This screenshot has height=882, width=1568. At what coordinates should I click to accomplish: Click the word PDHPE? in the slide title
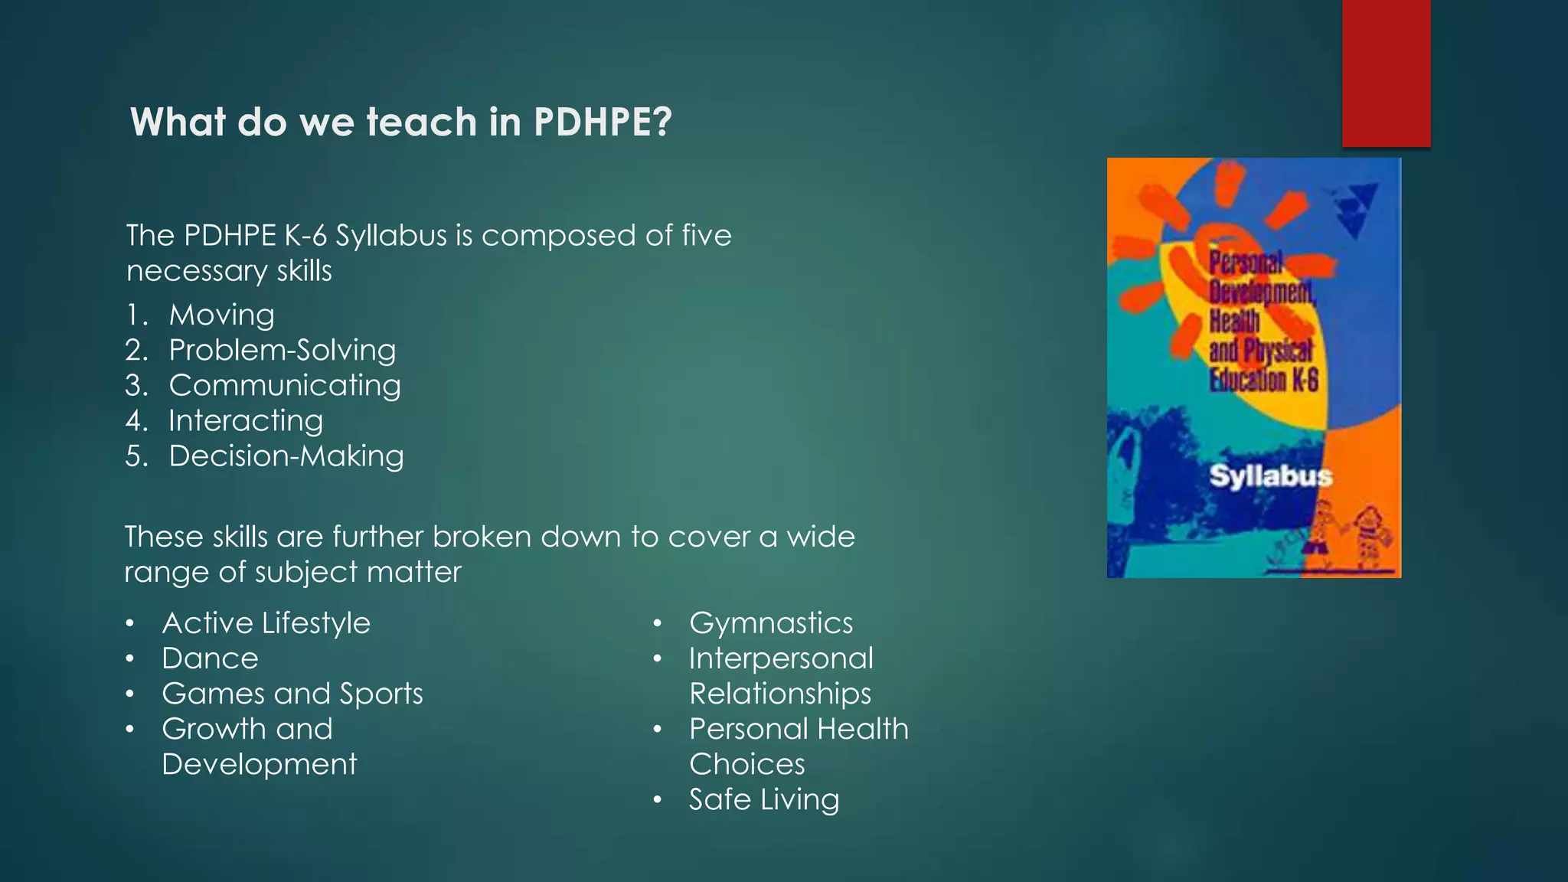(x=603, y=122)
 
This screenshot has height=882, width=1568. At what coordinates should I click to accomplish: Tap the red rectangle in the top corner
(x=1386, y=73)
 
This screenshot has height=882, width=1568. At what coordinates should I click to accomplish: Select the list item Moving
(x=221, y=315)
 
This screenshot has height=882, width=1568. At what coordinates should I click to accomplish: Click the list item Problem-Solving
(x=283, y=350)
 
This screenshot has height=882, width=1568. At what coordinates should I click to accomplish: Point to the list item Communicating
(x=285, y=385)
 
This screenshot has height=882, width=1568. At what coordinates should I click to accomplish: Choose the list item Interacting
(x=246, y=420)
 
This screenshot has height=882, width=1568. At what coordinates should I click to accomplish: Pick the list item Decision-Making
(x=286, y=456)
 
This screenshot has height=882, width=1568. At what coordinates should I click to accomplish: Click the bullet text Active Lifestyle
(x=266, y=623)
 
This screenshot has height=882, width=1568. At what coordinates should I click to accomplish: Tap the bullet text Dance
(x=210, y=658)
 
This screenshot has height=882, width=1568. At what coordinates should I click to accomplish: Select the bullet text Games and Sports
(x=292, y=694)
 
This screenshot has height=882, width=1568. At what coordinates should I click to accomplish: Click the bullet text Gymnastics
(x=771, y=623)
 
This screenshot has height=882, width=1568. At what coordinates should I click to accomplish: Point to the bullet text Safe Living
(x=764, y=799)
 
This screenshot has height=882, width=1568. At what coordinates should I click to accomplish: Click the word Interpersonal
(x=781, y=658)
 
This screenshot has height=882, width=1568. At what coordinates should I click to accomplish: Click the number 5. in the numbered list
(x=136, y=456)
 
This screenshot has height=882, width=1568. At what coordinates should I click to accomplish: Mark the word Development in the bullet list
(x=260, y=764)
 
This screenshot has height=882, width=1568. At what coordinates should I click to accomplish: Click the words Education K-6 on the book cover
(x=1264, y=380)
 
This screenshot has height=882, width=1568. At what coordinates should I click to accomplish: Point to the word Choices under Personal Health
(x=747, y=764)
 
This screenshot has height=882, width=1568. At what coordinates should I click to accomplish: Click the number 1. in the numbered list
(x=136, y=315)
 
